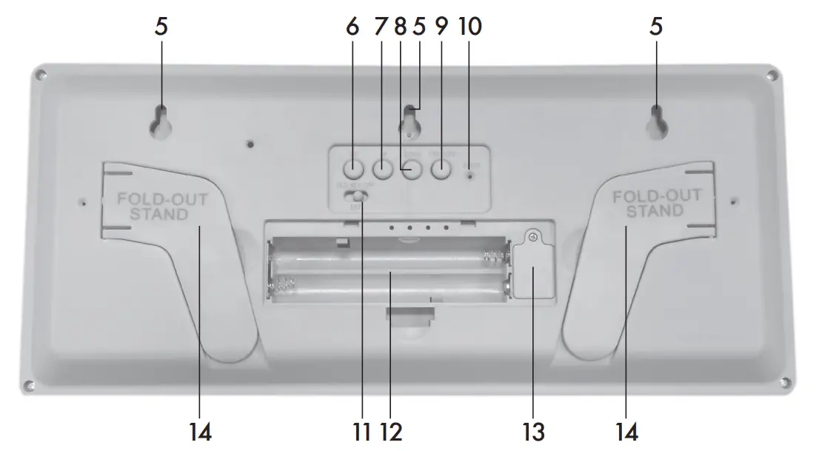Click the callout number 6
(x=352, y=27)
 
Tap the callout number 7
(x=381, y=27)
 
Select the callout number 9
(x=441, y=27)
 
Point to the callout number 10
(x=469, y=27)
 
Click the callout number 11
(x=363, y=430)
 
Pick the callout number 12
(x=392, y=430)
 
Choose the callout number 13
(x=534, y=430)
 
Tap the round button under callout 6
(x=353, y=168)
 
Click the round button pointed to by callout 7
(x=381, y=169)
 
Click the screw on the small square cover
(x=532, y=237)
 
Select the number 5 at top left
(x=161, y=27)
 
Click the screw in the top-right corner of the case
(x=772, y=76)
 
